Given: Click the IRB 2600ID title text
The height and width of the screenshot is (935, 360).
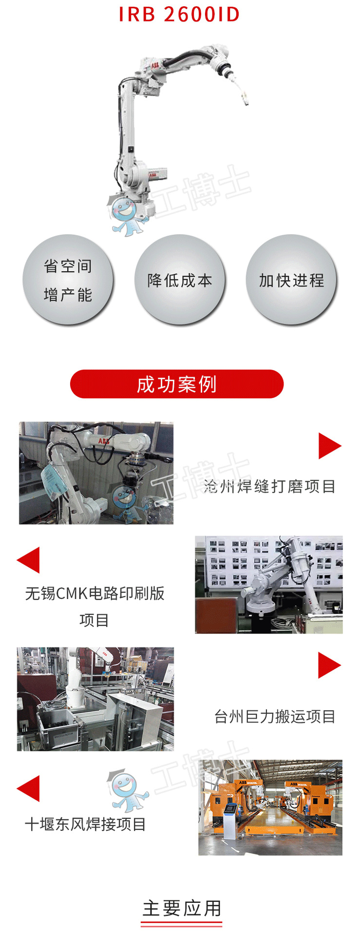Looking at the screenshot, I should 179,15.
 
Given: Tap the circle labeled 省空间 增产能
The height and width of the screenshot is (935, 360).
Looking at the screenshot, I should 68,280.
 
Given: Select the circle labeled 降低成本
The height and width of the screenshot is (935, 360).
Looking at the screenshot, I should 180,280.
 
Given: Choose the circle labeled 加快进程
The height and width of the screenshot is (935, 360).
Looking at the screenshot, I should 291,280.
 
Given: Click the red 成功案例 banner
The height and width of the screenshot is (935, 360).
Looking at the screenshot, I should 177,384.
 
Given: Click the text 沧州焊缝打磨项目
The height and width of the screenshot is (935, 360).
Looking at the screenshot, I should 269,486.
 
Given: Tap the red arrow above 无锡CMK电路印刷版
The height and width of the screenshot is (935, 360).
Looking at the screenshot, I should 29,560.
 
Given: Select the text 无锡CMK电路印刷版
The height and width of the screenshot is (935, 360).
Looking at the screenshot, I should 95,593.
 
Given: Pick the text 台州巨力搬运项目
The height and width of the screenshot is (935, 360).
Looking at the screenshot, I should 275,716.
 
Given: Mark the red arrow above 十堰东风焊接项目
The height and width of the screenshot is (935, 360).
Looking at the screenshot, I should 29,788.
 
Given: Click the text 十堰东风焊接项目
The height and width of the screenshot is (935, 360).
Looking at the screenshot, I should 85,824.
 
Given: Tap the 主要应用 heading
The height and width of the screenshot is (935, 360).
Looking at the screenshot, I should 182,909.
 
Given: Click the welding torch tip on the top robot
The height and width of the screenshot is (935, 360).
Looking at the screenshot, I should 246,101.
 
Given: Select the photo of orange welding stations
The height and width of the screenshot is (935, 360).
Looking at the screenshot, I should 270,807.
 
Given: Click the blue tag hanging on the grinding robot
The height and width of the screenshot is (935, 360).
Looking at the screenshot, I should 55,480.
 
